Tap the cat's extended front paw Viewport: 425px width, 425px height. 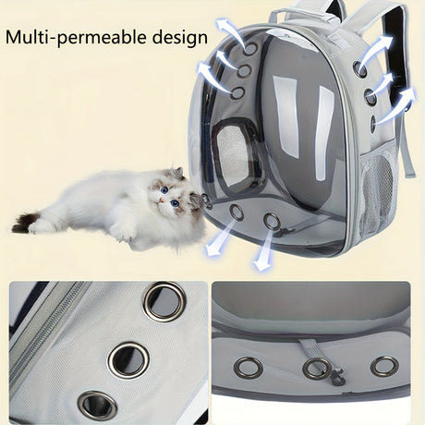[122, 236]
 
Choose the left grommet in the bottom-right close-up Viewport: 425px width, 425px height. [248, 368]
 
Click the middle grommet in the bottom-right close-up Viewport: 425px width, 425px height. [315, 368]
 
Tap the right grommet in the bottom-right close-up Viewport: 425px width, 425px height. [383, 366]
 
